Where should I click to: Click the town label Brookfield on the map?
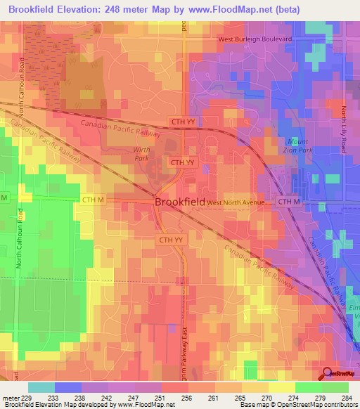[179, 201]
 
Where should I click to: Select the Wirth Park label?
[143, 154]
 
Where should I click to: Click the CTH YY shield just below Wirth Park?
[182, 162]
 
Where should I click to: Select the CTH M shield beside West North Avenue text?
[288, 202]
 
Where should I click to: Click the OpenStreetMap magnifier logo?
[326, 373]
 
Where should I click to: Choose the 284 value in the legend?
[345, 397]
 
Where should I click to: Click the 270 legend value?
[265, 397]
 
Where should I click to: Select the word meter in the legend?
[9, 397]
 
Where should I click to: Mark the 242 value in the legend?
[105, 397]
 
